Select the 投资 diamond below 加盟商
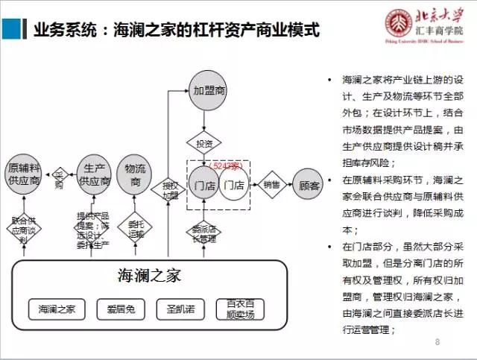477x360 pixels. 204,142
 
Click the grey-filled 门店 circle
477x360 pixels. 204,184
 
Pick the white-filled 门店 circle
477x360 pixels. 235,184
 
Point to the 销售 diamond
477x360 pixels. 271,184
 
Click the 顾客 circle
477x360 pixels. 309,184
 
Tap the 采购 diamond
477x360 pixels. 58,179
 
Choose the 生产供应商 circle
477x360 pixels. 94,174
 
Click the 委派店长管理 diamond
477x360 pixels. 203,233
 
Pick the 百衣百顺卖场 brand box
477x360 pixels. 240,309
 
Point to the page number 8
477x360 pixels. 437,341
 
